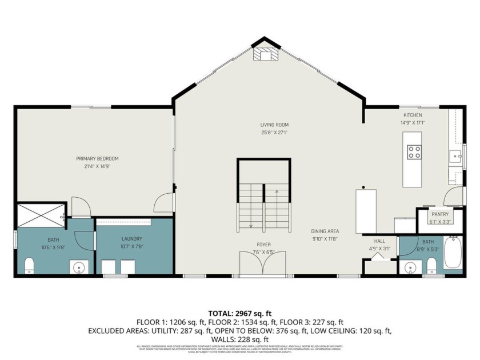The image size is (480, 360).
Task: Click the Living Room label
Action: pos(274,125)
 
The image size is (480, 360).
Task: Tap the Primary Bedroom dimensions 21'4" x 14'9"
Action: pos(98,166)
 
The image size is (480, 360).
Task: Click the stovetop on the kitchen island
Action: pos(414,152)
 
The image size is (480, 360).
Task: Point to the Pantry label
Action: pos(439,214)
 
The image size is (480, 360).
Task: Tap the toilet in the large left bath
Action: pos(30,266)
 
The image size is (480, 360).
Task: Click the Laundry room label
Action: pos(132,239)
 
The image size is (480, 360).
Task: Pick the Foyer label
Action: pos(263,245)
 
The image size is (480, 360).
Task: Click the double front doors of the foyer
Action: pos(263,264)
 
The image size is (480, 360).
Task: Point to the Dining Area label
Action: pos(324,231)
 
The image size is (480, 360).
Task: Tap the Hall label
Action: pos(380,241)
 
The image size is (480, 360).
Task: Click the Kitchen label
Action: pos(412,115)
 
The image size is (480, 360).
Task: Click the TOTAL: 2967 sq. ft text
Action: pos(240,313)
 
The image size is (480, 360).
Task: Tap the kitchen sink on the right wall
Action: pos(455,156)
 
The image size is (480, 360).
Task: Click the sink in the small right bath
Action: pos(409,267)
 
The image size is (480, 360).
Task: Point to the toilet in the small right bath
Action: pos(432,265)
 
